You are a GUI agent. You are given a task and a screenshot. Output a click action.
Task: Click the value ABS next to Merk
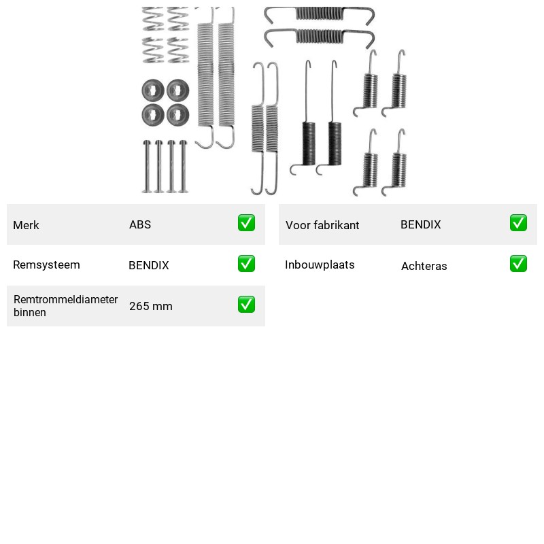[140, 224]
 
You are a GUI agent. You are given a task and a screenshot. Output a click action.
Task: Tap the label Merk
[26, 225]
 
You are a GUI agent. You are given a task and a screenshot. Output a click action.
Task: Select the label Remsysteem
[46, 265]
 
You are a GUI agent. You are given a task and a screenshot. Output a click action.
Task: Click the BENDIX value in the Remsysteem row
[148, 265]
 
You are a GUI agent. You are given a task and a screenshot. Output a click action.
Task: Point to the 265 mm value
[150, 306]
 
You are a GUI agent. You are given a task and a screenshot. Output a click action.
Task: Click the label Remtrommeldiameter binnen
[65, 305]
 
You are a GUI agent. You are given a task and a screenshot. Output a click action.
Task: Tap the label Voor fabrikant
[322, 225]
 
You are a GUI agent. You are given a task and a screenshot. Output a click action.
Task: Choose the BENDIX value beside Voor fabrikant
[420, 224]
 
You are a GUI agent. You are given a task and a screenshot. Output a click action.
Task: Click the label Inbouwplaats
[320, 265]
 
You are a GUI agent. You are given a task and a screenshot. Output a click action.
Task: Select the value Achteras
[424, 266]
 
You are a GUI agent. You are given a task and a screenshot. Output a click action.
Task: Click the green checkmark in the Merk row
[246, 223]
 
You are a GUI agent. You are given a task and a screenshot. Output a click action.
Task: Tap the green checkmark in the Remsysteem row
[246, 264]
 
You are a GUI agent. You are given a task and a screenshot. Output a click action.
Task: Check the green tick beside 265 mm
[246, 304]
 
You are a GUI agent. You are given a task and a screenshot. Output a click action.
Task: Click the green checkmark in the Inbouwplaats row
[518, 264]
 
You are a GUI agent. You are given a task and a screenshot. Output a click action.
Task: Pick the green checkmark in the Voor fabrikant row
[518, 223]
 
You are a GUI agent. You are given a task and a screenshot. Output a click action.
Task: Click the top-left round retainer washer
[153, 90]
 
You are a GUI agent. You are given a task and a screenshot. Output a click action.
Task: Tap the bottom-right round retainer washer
[178, 115]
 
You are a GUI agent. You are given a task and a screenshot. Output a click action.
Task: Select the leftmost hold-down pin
[147, 167]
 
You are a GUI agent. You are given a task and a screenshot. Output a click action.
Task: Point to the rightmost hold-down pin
[183, 167]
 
